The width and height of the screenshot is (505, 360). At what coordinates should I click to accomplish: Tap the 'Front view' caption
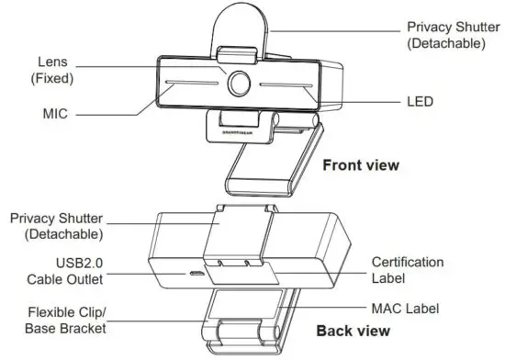pyautogui.click(x=361, y=165)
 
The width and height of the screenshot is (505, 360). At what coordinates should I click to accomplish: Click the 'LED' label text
pyautogui.click(x=420, y=98)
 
